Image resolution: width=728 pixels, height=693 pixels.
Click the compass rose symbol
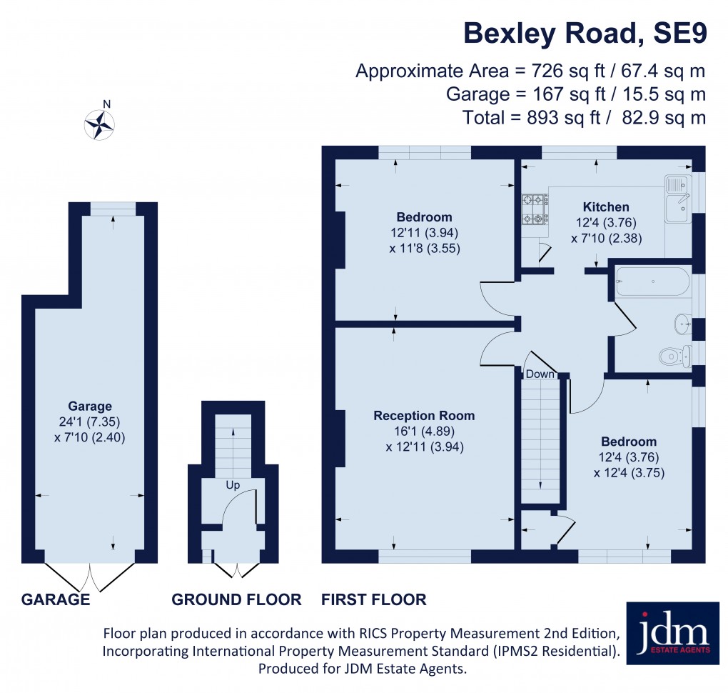101,124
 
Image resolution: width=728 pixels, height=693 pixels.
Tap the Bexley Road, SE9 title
585,34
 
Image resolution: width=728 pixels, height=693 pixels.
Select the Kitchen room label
605,207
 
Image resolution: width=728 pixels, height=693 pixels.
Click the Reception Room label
424,416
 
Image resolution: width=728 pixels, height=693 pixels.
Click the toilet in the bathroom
674,354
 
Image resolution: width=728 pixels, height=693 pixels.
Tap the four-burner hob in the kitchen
534,209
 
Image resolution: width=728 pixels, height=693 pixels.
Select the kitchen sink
675,198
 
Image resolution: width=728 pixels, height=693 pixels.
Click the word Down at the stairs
540,374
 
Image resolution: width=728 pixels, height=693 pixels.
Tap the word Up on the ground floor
233,485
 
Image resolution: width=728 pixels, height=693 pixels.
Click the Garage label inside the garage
90,407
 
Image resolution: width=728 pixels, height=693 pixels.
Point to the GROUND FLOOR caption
236,599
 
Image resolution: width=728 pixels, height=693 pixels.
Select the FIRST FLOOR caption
374,599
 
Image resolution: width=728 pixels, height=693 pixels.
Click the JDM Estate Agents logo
672,633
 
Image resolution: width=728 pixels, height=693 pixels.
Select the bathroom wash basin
682,324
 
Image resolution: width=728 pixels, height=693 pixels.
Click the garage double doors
90,575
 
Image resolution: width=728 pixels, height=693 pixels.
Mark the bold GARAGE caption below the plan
56,599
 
